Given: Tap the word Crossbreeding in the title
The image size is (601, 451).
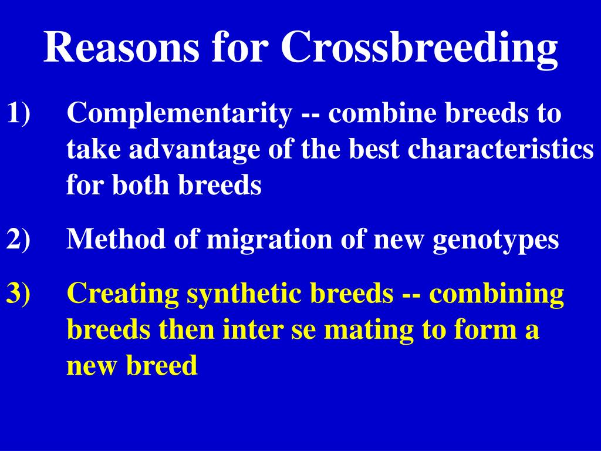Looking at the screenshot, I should click(419, 48).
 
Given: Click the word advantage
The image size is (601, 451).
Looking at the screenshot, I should click(194, 150).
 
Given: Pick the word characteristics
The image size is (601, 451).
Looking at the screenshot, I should click(501, 150).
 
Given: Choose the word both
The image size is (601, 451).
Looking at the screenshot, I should click(143, 186).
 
